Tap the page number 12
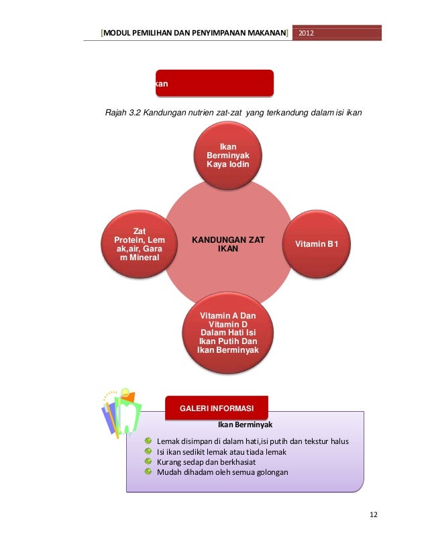pos(374,514)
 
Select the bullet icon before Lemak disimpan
pos(148,441)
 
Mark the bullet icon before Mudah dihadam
pos(148,472)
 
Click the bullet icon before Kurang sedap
pos(148,461)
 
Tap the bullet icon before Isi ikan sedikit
pos(148,451)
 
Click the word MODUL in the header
pos(117,33)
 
